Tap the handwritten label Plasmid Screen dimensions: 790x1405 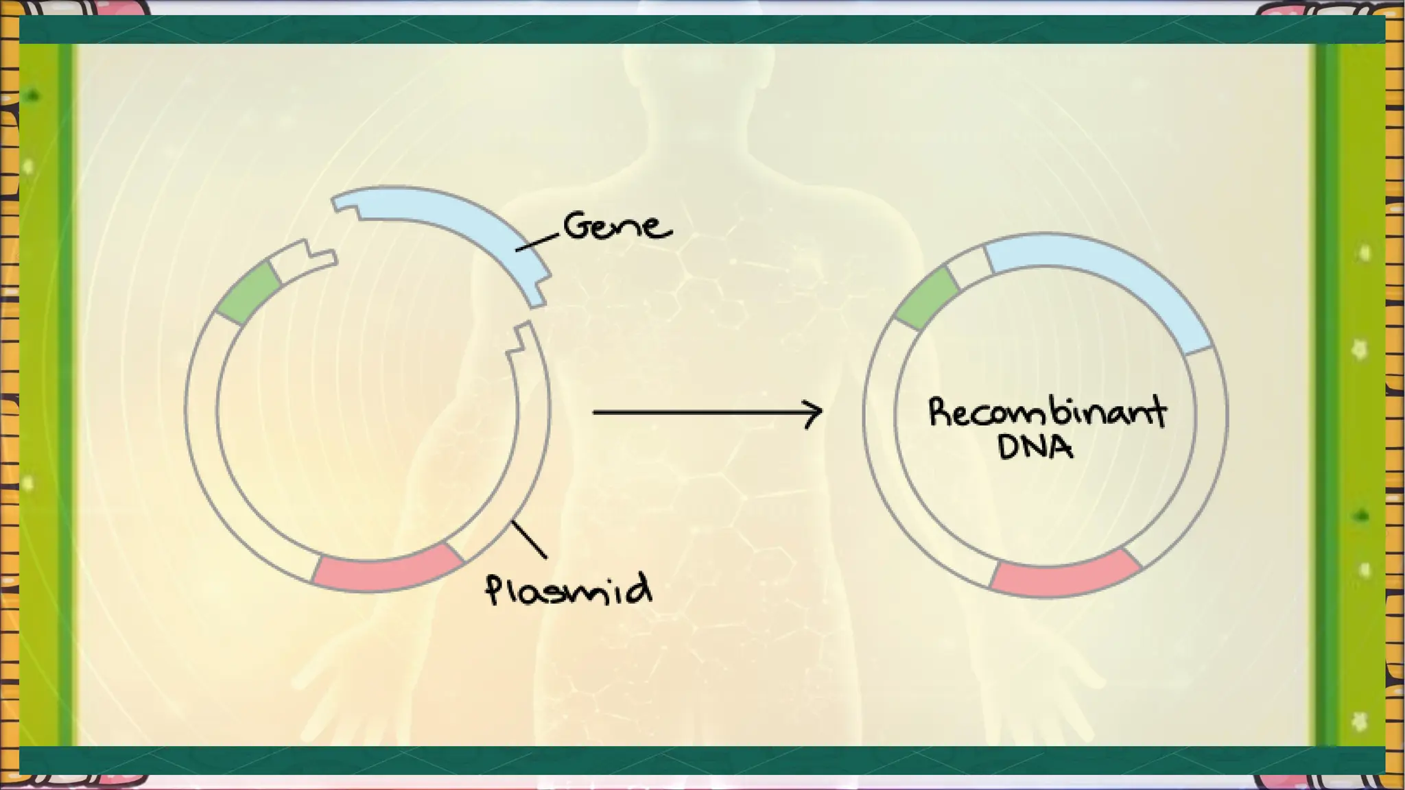pos(569,589)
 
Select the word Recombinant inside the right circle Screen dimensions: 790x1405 pos(1047,412)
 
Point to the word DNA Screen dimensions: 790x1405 pos(1035,447)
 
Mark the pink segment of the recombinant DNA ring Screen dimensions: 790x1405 pos(1065,573)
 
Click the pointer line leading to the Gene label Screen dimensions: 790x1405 pos(537,241)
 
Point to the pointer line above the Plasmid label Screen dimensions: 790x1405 pos(529,540)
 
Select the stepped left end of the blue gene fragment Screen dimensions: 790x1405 pos(346,205)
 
